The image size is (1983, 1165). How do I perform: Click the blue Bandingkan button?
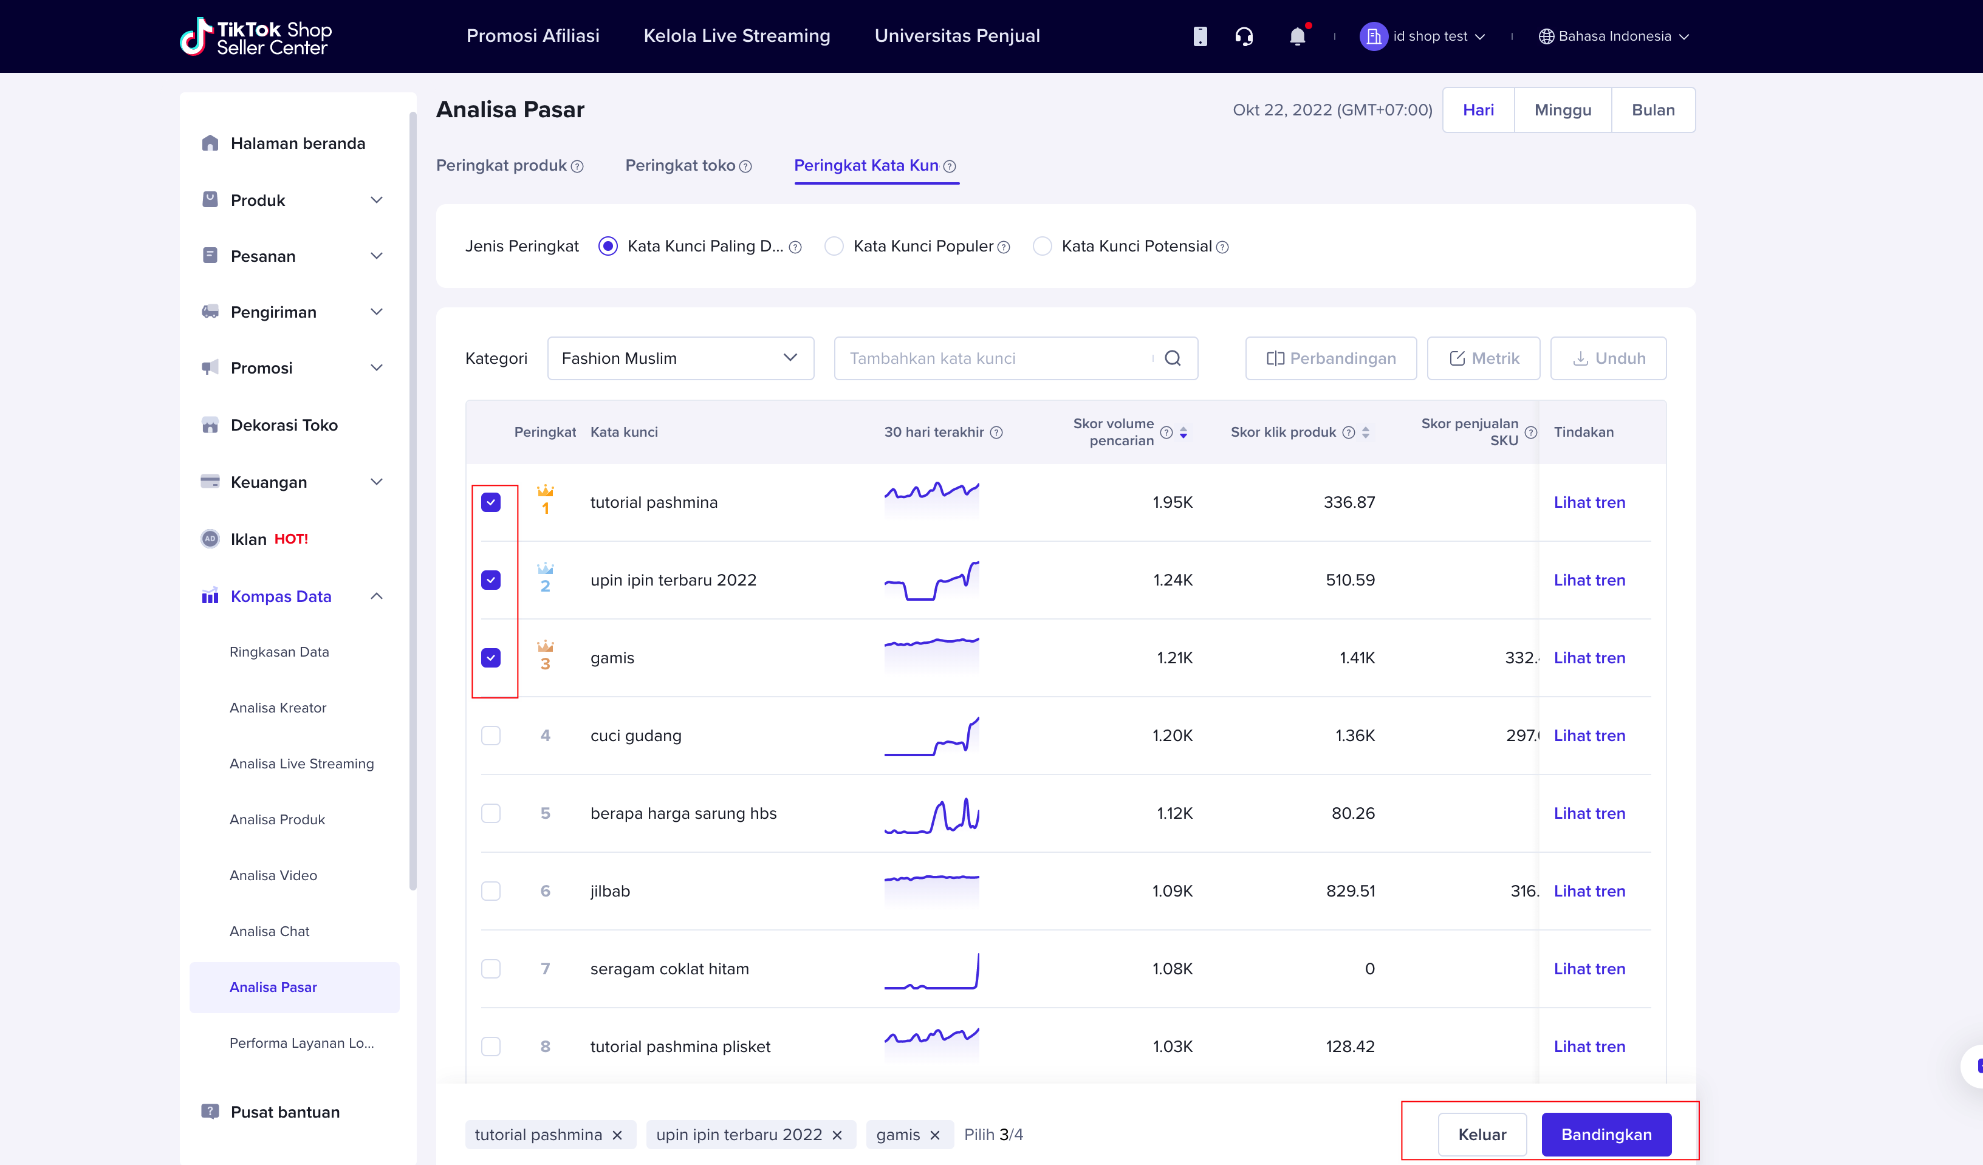(1606, 1133)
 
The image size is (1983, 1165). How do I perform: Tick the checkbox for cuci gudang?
(490, 735)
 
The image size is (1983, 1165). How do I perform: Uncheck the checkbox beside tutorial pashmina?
(490, 502)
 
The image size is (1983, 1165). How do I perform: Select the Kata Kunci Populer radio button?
(834, 246)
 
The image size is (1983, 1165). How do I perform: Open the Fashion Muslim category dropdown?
(680, 358)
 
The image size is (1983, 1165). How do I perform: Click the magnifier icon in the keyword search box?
(1173, 358)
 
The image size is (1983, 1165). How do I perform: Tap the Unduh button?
(1608, 358)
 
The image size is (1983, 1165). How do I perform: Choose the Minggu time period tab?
(1562, 110)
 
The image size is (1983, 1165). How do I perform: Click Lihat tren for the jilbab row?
(1589, 890)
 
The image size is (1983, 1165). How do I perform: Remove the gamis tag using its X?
(935, 1134)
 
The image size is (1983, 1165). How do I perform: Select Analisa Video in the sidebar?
(273, 875)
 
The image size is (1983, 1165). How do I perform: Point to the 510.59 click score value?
(1351, 579)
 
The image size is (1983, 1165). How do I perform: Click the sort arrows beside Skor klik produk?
(1365, 432)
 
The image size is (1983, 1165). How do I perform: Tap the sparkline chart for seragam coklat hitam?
(932, 971)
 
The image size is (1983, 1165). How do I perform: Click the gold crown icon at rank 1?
(544, 490)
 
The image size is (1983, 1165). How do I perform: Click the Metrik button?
(1484, 358)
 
